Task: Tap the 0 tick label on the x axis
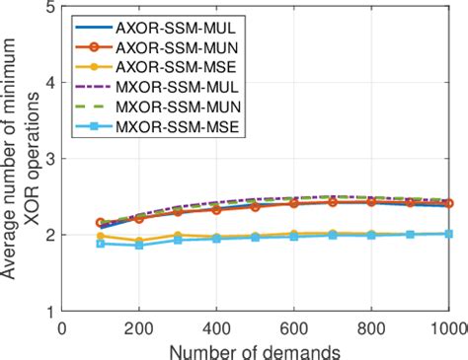coord(62,326)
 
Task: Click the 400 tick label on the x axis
coord(217,326)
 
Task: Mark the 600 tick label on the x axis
coord(294,326)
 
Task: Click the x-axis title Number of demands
coord(256,348)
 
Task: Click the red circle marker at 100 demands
coord(101,223)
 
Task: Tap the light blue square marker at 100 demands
coord(101,244)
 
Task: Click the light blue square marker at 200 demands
coord(139,245)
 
